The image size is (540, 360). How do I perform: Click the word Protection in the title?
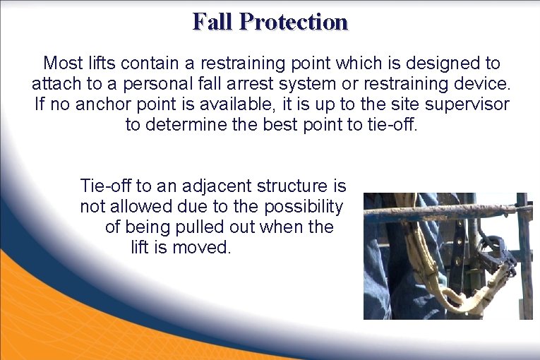(293, 21)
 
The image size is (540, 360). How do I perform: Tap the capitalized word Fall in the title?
(213, 21)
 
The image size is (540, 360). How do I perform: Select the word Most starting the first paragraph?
(60, 63)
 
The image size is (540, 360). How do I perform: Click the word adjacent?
(215, 186)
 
